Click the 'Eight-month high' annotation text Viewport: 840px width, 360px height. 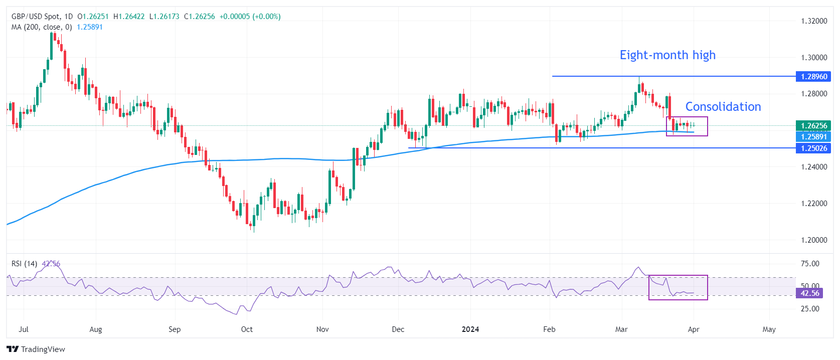coord(667,55)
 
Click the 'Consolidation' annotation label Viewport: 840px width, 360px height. coord(723,107)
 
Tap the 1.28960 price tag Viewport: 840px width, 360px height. coord(813,77)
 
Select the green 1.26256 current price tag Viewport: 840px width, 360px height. coord(813,126)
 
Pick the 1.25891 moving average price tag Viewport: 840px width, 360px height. coord(813,137)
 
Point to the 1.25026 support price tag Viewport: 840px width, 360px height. coord(813,148)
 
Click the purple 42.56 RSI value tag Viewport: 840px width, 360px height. coord(810,293)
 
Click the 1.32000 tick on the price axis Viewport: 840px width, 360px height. coord(813,21)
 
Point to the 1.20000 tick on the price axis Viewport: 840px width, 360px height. coord(813,240)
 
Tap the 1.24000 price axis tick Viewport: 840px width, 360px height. coord(813,167)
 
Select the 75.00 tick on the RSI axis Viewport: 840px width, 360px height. coord(810,264)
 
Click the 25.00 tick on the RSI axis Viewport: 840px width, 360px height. coord(810,309)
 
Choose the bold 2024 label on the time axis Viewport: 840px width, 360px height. coord(470,329)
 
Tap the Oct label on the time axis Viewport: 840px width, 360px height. coord(247,329)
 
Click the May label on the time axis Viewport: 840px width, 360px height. coord(769,329)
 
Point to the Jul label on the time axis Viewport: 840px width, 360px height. coord(24,329)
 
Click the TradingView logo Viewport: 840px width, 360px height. coord(36,349)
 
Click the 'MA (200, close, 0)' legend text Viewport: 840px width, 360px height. coord(42,27)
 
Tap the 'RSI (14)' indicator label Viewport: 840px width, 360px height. coord(24,264)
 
